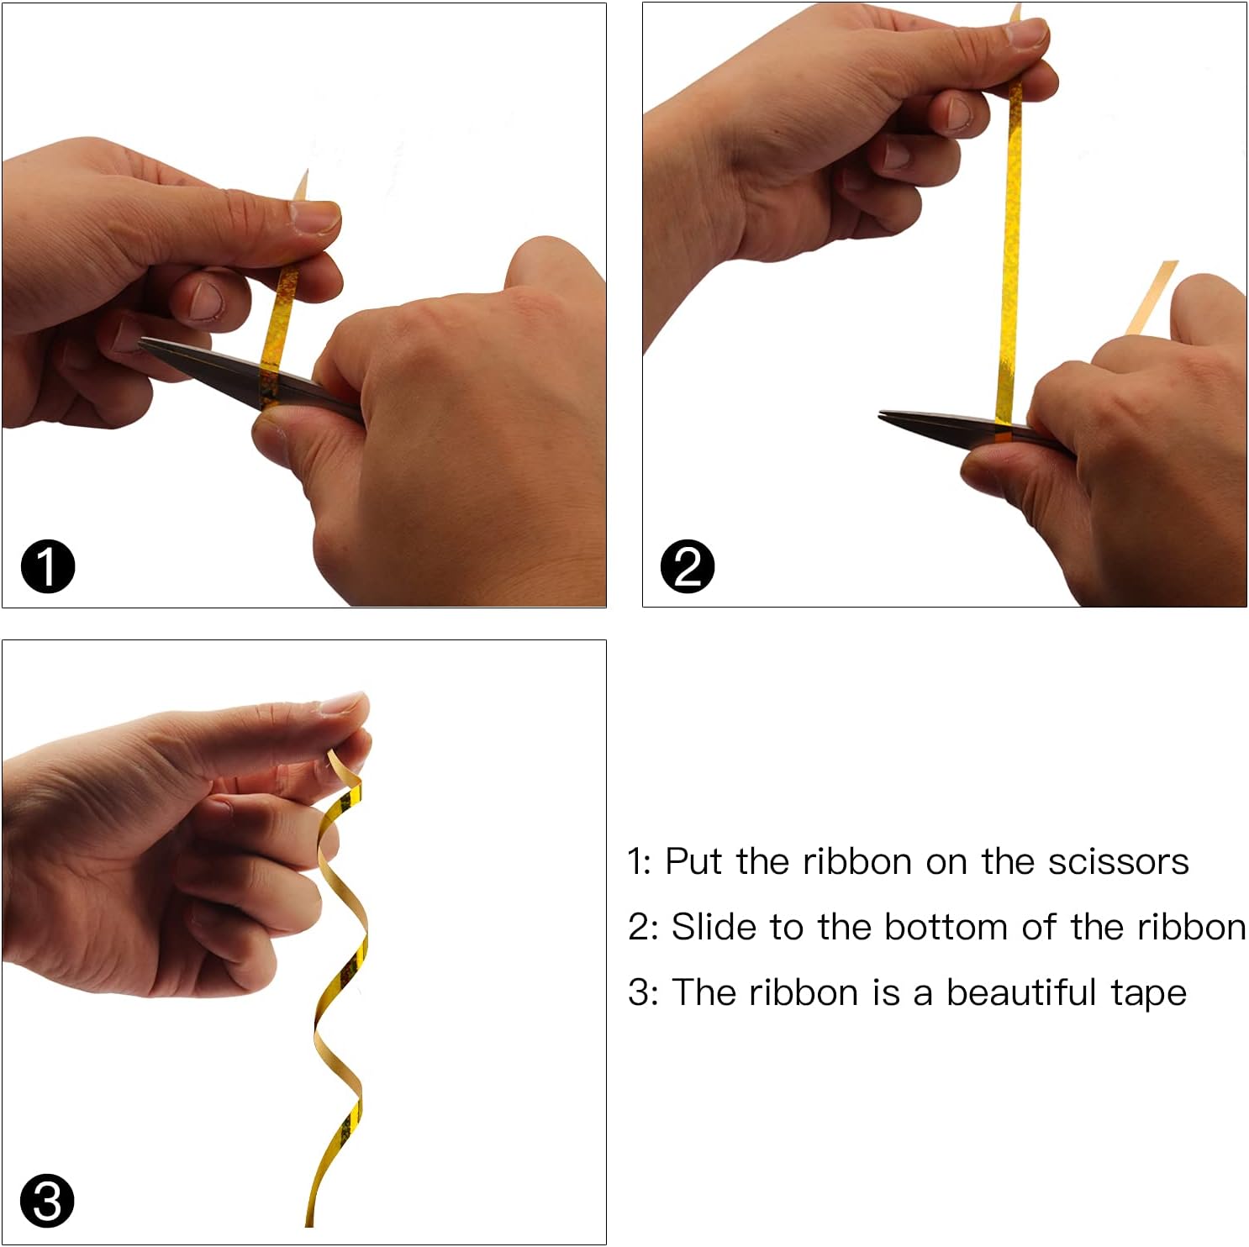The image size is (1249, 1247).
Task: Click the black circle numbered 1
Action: (x=48, y=566)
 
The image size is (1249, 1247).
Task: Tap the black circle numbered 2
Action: (x=688, y=566)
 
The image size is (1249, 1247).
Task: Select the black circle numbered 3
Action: (x=48, y=1201)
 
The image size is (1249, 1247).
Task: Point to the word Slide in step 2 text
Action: (x=714, y=927)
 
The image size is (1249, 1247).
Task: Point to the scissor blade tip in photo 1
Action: (x=140, y=340)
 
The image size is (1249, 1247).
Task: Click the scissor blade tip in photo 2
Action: (x=881, y=413)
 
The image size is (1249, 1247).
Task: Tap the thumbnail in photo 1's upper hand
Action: (x=314, y=215)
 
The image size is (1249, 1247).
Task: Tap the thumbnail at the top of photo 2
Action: (x=1026, y=33)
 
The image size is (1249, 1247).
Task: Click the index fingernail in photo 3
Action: (x=341, y=702)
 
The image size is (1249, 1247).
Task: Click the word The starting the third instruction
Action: (x=704, y=992)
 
